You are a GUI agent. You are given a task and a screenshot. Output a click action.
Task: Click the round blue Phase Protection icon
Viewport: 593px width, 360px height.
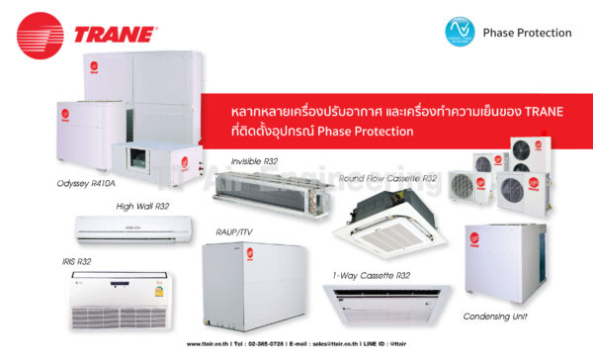[460, 32]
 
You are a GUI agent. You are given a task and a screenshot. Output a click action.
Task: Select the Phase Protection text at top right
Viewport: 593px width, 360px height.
[527, 33]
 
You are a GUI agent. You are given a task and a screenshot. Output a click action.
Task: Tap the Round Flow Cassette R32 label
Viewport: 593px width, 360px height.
[387, 178]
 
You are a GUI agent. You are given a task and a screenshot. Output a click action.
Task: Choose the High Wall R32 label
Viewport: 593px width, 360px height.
[142, 206]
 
